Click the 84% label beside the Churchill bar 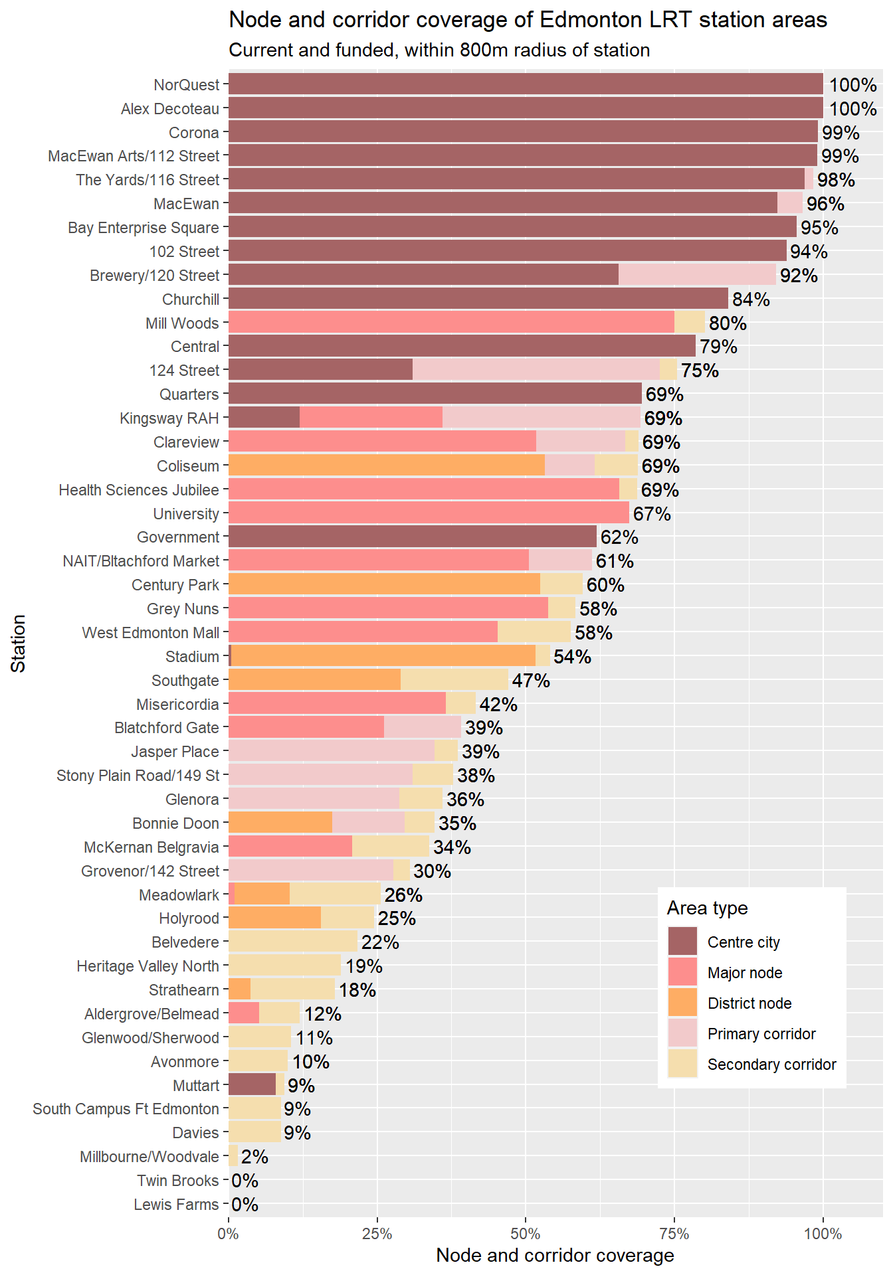pos(751,299)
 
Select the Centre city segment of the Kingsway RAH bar pos(264,418)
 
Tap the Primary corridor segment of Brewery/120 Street pos(697,275)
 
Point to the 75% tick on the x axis pos(674,1234)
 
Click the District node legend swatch pos(682,1003)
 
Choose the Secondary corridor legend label pos(771,1064)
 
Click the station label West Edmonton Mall pos(151,633)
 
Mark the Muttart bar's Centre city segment pos(252,1085)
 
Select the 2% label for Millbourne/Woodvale pos(254,1157)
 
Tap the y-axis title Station pos(19,643)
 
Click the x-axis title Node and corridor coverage pos(555,1256)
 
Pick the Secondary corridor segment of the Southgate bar pos(454,680)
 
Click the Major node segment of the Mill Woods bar pos(451,323)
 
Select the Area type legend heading pos(707,908)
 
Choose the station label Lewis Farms pos(176,1205)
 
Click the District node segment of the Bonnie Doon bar pos(280,823)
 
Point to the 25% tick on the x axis pos(377,1234)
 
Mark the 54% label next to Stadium pos(572,657)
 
